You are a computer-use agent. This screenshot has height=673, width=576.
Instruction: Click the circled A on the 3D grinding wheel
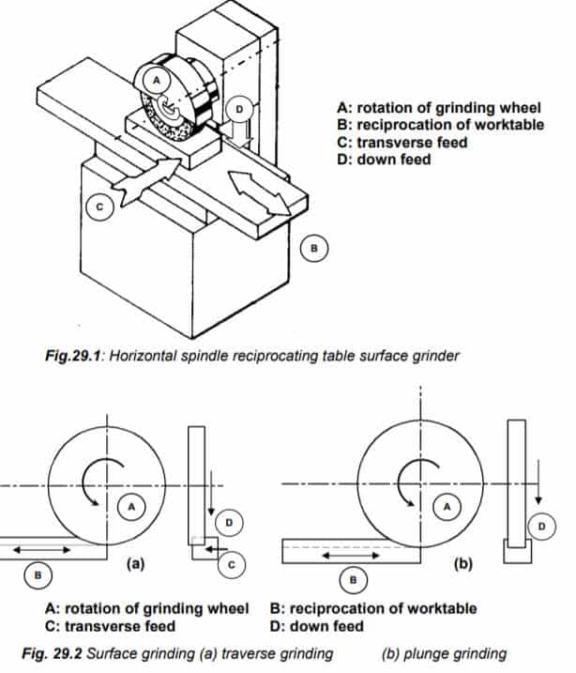tap(159, 82)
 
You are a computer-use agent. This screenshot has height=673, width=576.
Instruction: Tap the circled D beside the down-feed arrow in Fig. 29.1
tap(239, 109)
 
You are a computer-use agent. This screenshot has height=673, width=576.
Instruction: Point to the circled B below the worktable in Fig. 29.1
tap(315, 248)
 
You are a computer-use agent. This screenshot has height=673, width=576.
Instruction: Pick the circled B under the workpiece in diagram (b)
tap(354, 580)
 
